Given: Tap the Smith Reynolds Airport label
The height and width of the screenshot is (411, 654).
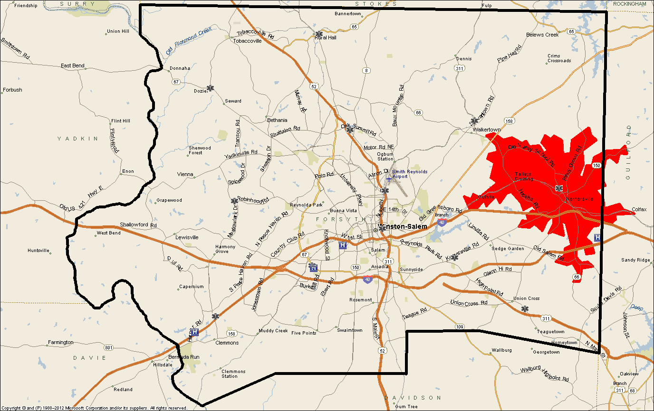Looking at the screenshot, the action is coord(410,174).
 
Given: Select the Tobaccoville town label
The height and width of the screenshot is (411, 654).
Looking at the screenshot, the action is coord(247,41).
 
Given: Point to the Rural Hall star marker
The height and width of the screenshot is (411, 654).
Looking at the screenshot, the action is coord(319,34).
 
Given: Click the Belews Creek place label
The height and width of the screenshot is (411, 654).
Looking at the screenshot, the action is coord(542,35).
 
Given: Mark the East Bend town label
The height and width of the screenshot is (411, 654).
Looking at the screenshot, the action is coord(72,65).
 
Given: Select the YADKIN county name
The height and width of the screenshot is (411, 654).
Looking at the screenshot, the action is coord(77,139).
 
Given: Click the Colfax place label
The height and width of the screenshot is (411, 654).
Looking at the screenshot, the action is coord(639,210).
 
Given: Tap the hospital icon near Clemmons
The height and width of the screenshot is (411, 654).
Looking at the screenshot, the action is coord(195,332).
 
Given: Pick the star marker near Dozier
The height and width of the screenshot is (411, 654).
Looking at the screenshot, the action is coord(210,88).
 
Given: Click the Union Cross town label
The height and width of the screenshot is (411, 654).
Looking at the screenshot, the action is coord(526,299).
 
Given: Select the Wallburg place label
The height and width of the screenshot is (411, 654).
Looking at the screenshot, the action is coord(502,350).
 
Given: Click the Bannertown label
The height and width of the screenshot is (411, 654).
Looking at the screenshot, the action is coord(348,14).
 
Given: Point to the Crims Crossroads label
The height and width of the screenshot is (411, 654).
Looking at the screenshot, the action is coord(559,58).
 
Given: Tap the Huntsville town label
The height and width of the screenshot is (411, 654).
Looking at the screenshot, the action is coord(38,250).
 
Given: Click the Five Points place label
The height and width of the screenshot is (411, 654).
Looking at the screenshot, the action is coord(304,333).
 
